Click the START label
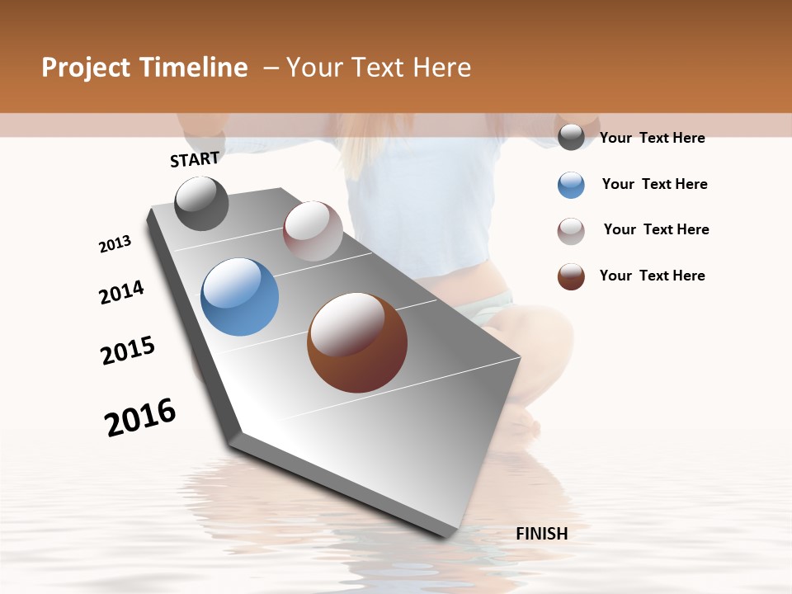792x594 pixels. coord(195,159)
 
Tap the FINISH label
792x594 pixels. coord(541,534)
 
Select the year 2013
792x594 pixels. coord(115,244)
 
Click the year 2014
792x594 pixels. coord(121,293)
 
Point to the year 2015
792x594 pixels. coord(128,351)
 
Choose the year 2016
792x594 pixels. coord(140,417)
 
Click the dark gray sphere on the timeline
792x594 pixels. coord(201,203)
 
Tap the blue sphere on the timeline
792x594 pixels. coord(239,297)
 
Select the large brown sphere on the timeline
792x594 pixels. coord(357,342)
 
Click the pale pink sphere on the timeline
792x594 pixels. coord(313,231)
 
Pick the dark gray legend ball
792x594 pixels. coord(571,138)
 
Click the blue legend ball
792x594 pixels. coord(571,185)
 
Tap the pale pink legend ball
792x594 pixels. coord(571,231)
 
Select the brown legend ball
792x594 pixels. coord(571,276)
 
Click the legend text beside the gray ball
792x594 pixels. coord(652,138)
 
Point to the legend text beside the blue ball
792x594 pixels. coord(654,184)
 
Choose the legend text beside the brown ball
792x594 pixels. coord(652,276)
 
